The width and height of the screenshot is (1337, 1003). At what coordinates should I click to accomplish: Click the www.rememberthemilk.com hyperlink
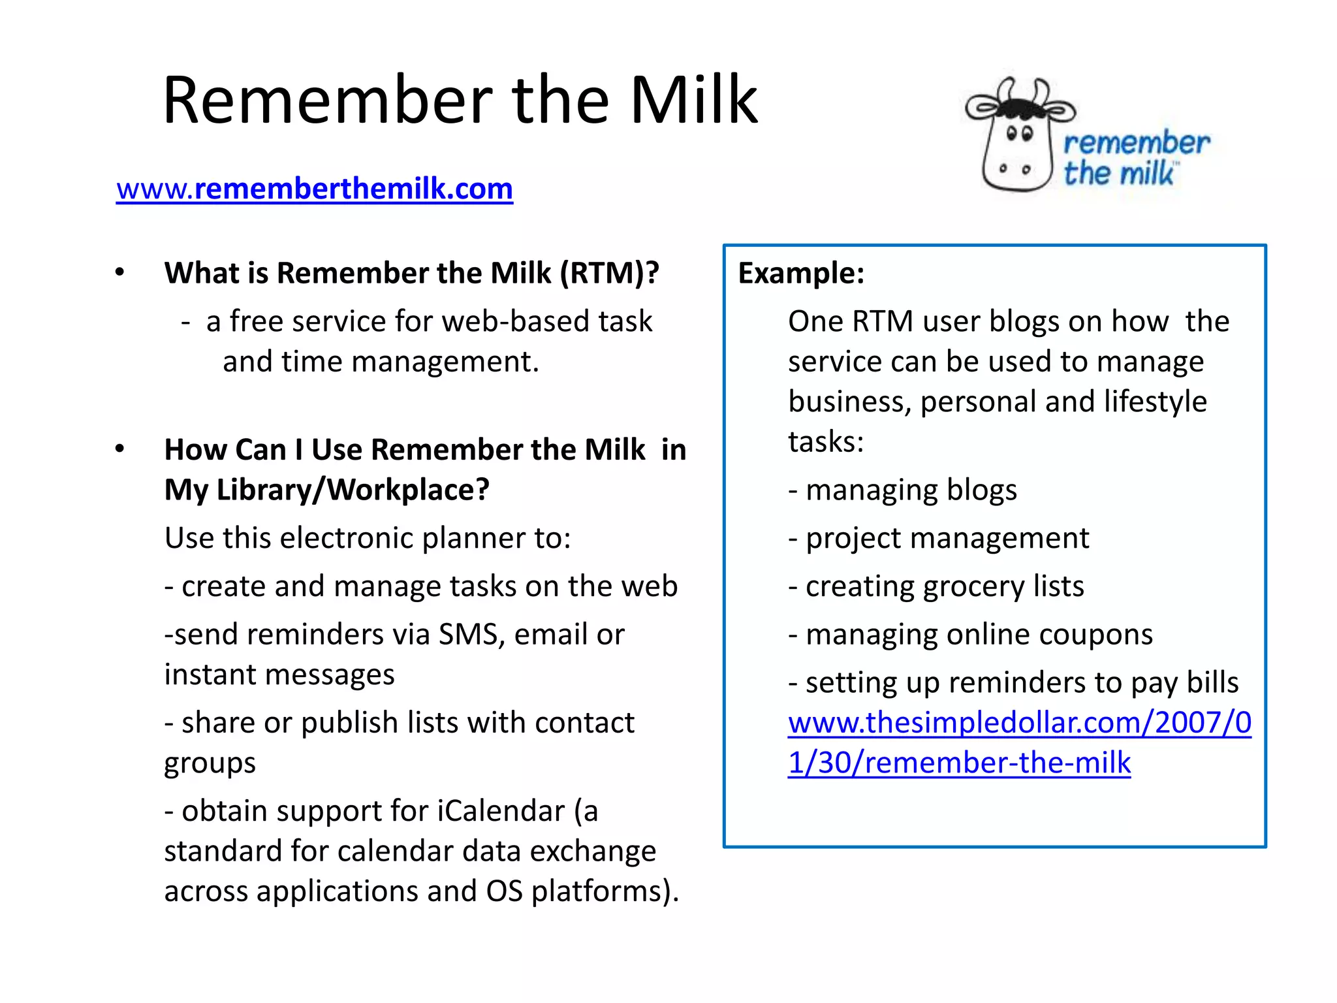[315, 189]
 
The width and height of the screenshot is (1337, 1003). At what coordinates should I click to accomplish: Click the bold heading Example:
[801, 273]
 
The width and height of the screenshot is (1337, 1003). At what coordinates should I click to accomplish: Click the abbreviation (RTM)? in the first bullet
[610, 273]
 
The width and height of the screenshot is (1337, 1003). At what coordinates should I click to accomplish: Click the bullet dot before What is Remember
[119, 272]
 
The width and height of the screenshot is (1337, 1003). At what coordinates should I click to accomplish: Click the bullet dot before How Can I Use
[119, 449]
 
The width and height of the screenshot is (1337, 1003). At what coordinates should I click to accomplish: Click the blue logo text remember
[1136, 143]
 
